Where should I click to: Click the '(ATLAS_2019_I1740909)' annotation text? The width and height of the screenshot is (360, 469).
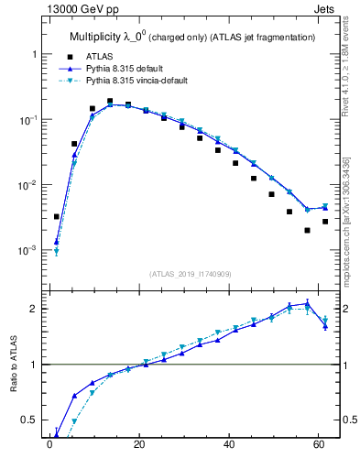pos(191,273)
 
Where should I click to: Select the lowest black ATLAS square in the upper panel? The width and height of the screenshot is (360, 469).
pos(307,231)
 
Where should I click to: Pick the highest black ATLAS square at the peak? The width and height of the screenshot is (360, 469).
pos(110,102)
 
